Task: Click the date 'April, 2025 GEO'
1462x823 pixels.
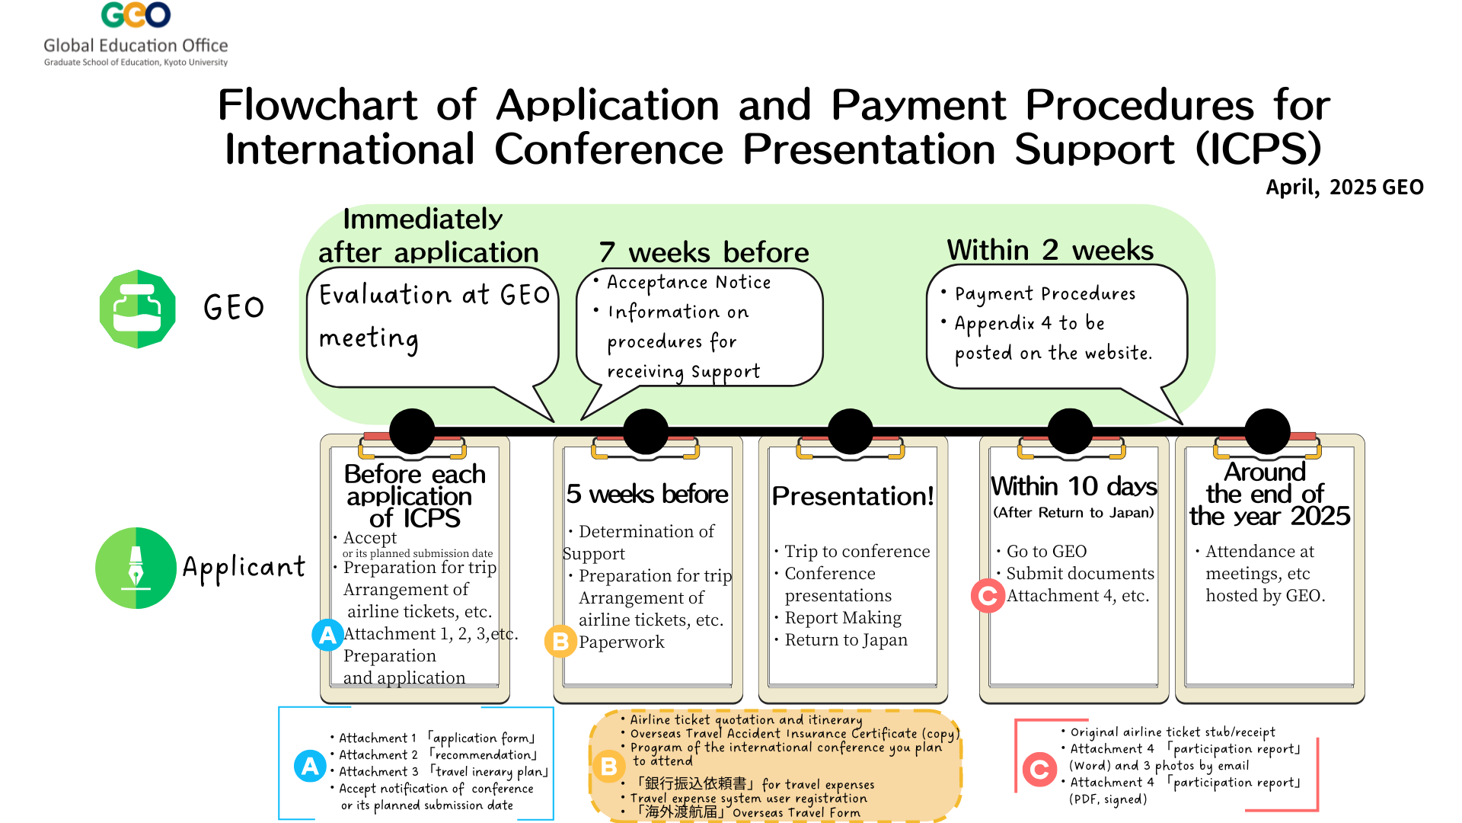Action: (x=1345, y=187)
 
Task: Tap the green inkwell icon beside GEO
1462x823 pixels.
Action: (x=138, y=309)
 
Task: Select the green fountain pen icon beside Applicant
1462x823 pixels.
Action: (x=136, y=568)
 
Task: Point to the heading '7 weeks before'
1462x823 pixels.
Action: (x=704, y=251)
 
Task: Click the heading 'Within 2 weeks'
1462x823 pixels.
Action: (x=1050, y=249)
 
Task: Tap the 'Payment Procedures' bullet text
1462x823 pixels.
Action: (x=1045, y=294)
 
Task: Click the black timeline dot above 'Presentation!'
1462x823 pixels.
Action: (x=850, y=431)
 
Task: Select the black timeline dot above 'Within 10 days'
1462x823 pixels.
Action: (x=1070, y=431)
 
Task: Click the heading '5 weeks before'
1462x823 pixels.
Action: (x=647, y=495)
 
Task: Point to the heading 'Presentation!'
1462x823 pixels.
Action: (x=853, y=496)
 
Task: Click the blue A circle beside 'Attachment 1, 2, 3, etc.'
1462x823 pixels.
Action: (x=327, y=635)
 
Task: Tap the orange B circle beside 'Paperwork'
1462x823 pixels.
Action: (x=560, y=641)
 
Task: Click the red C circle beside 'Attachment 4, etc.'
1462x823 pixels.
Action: (x=988, y=595)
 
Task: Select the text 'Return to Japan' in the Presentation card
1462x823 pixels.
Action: (x=846, y=640)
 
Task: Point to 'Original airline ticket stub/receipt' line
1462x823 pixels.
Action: (x=1173, y=732)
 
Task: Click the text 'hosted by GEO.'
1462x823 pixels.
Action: (x=1266, y=596)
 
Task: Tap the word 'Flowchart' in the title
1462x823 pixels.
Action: (x=318, y=105)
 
